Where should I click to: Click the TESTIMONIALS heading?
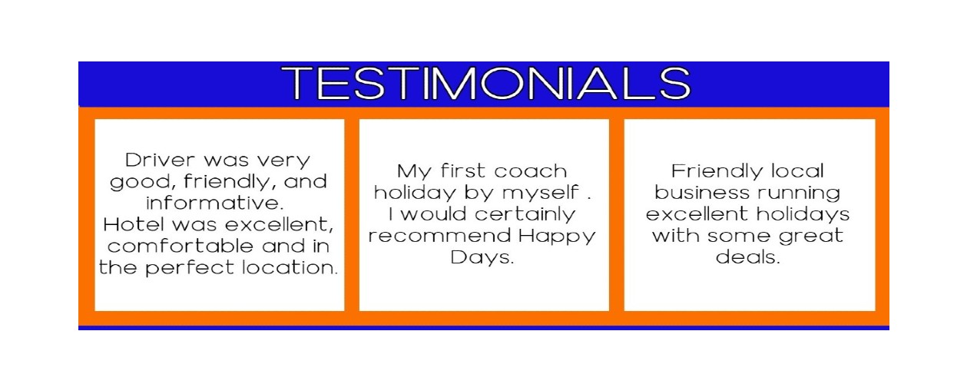[486, 83]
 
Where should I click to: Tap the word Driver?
[161, 160]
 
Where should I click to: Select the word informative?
[214, 203]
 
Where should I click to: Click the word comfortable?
[180, 246]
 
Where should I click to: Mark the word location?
[290, 267]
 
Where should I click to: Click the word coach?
[531, 171]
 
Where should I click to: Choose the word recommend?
[439, 236]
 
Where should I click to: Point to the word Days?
[482, 258]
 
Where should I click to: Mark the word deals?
[747, 257]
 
